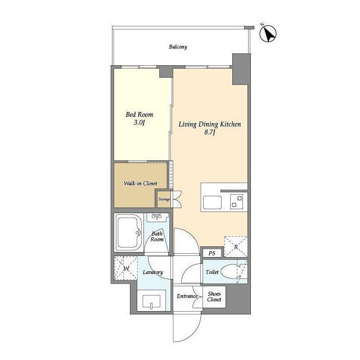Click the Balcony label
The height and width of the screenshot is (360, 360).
pos(178,47)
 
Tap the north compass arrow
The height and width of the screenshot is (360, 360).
pos(268,34)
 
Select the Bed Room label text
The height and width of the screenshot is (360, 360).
pos(139,114)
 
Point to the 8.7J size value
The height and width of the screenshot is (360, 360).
pos(210,133)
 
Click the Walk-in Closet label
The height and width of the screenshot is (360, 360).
pos(141,183)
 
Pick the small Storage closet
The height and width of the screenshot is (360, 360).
pos(164,199)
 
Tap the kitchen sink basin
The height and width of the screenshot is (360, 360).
pos(213,202)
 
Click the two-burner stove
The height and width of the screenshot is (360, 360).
pos(237,201)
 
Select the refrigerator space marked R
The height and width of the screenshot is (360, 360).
pos(236,247)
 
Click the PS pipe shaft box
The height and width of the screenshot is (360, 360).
pos(212,253)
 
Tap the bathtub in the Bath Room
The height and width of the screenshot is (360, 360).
pos(129,232)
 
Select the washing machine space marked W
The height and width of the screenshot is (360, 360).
pos(126,268)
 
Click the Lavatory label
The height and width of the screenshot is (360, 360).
pos(153,272)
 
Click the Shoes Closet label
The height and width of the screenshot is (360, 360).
pos(214,296)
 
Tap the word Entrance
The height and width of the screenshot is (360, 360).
pos(187,296)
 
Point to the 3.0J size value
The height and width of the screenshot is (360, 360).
pos(139,123)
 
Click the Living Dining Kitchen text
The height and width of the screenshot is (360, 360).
pos(210,124)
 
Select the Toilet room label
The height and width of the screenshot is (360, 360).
pos(212,272)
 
